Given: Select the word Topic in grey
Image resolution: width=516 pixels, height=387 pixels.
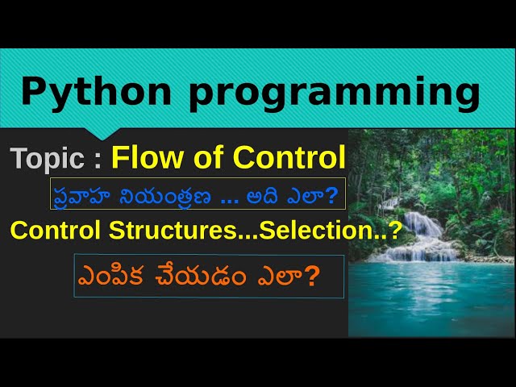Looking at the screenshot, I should (x=47, y=158).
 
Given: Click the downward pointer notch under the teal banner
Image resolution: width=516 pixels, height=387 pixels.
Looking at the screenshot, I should (x=105, y=133).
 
